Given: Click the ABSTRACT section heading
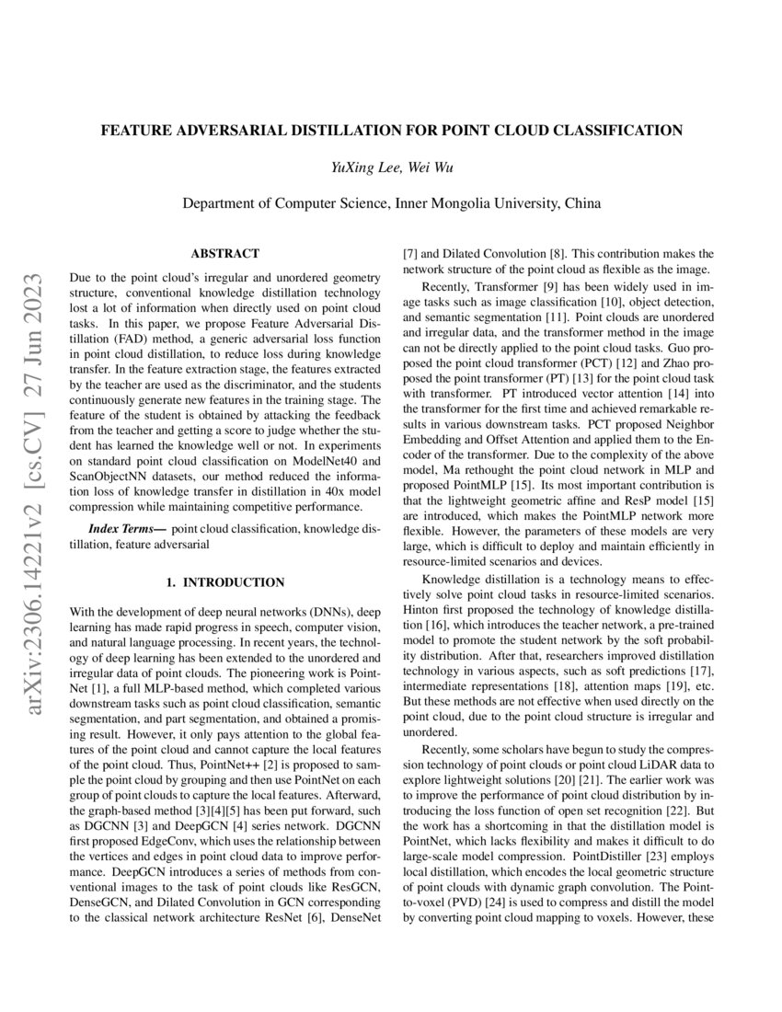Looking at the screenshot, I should pos(224,253).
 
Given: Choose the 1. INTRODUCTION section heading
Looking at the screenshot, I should pos(224,582).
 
